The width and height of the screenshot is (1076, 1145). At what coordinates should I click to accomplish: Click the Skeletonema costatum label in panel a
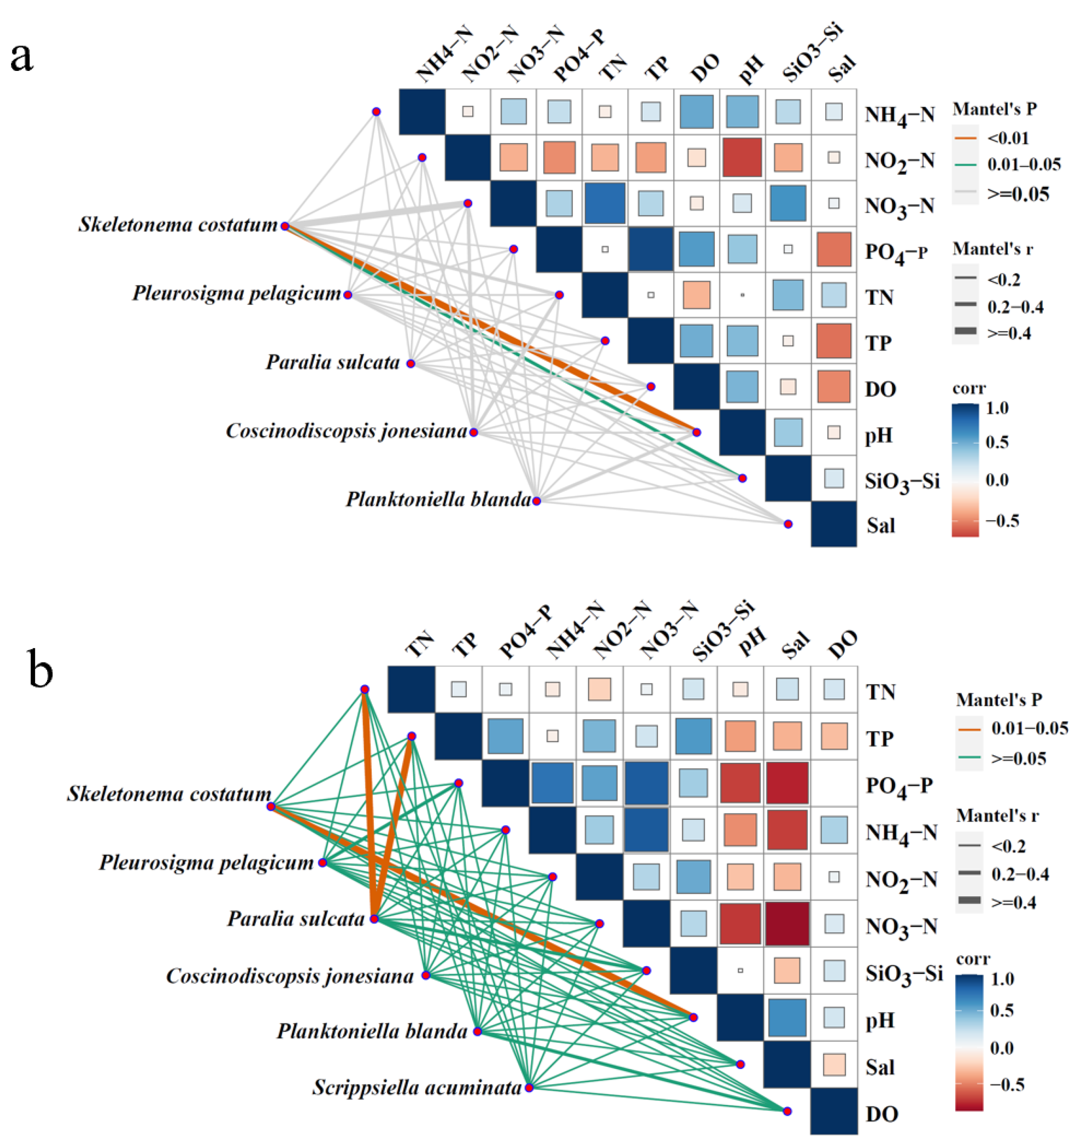(178, 225)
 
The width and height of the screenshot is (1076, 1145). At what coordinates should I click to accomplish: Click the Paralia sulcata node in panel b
(374, 919)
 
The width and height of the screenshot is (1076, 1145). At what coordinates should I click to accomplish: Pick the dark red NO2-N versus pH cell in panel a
(742, 157)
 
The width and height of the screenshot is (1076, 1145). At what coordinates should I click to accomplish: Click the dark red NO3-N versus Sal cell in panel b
(787, 924)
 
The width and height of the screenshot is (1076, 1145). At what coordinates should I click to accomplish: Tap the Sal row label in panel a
(880, 525)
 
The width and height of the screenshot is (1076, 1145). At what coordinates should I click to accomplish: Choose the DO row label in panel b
(881, 1114)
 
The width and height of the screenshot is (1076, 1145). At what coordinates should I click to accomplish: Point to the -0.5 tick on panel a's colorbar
(1002, 521)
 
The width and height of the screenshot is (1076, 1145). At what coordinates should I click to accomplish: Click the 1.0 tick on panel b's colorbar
(1002, 979)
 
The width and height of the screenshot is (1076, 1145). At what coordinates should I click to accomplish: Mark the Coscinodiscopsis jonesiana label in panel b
(290, 976)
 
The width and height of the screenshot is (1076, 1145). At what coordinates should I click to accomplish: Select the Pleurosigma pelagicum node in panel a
(348, 295)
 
